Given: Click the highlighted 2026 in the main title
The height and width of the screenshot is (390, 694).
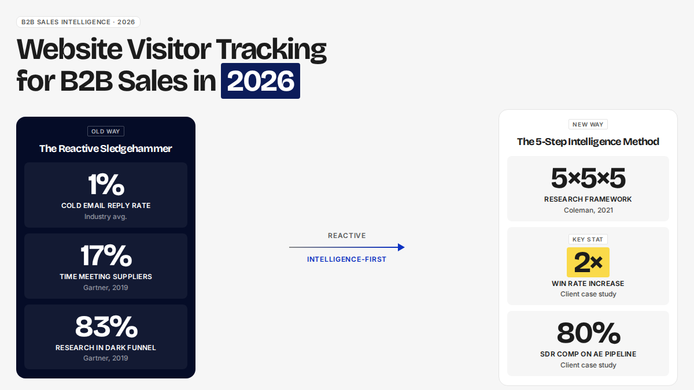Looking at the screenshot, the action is coord(260,81).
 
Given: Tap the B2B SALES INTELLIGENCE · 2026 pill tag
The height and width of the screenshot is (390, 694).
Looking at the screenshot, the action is coord(78,22).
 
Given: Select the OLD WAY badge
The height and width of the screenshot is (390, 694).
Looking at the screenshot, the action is coord(106,131).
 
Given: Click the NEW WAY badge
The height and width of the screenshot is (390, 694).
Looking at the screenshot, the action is coord(588,124).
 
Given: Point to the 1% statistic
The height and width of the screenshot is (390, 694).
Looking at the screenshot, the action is coord(106,184).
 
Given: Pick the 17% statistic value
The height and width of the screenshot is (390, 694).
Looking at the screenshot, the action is coord(106,255).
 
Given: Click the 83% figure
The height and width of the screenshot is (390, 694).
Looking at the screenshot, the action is coord(106,326).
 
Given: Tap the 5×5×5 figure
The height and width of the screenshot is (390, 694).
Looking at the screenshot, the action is coord(588,178).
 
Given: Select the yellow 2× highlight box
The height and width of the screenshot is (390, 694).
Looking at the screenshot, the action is coord(588,262).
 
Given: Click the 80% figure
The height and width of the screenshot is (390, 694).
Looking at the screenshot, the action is coord(588,333).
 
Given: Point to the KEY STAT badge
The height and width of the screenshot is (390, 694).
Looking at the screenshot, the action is coord(588,239).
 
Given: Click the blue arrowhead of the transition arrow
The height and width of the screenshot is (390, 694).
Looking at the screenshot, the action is coord(401,247).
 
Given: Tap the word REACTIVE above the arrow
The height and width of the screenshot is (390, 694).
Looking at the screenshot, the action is coord(346,236).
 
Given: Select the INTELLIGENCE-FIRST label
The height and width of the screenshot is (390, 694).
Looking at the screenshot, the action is coord(346,259).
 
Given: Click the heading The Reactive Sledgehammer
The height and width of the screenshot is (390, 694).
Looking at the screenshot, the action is coord(106,148).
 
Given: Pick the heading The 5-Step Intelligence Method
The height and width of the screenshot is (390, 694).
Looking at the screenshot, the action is coord(588,142).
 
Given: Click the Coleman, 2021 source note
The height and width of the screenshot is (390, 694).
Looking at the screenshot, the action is coord(588,210).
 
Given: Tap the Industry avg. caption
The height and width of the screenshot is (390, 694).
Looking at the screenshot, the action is coord(106,217).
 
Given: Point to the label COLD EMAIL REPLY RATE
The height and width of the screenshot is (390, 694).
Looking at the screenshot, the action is coord(106,206).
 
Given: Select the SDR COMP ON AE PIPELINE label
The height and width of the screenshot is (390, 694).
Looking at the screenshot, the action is coord(588,354).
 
